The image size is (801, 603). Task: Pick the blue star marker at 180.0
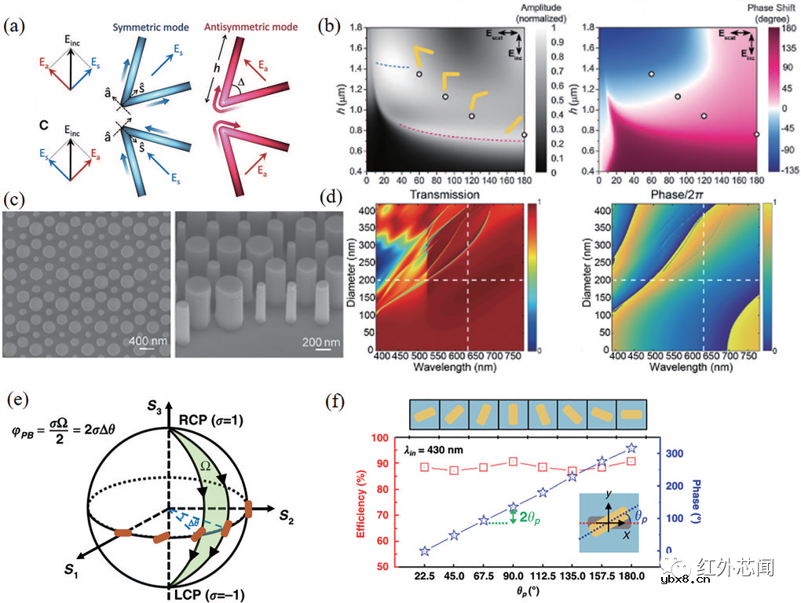(631, 449)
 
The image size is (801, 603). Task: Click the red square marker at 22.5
(425, 467)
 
